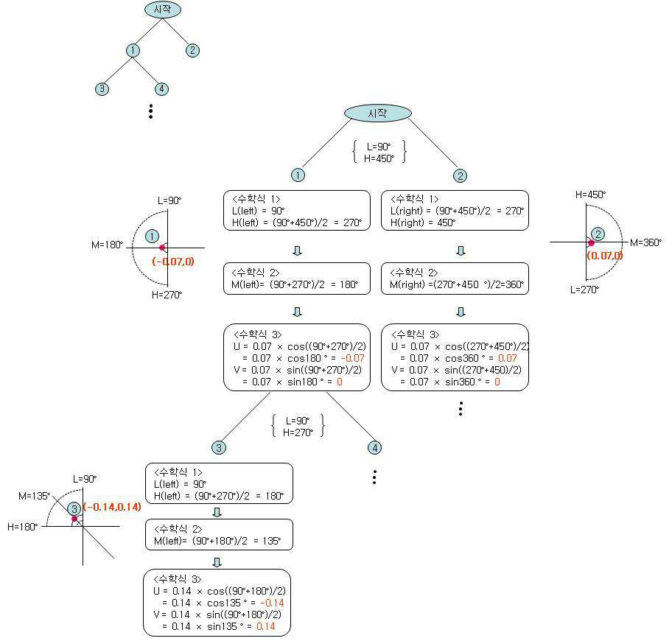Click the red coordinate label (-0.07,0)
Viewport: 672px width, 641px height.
pyautogui.click(x=173, y=262)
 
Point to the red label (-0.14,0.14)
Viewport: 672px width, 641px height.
pyautogui.click(x=112, y=507)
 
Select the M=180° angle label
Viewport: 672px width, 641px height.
pyautogui.click(x=107, y=245)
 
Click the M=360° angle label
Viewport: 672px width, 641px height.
pyautogui.click(x=645, y=242)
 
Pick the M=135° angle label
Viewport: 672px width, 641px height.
pyautogui.click(x=35, y=496)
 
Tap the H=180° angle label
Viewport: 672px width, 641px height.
pyautogui.click(x=22, y=527)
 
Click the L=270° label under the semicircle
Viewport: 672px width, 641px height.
pyautogui.click(x=584, y=290)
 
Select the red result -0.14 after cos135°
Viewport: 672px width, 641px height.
pyautogui.click(x=272, y=603)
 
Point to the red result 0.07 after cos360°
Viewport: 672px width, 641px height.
pyautogui.click(x=508, y=358)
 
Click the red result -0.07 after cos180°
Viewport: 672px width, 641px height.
pyautogui.click(x=353, y=358)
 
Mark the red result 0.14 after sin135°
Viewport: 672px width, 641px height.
pyautogui.click(x=266, y=626)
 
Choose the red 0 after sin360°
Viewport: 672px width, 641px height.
pyautogui.click(x=497, y=382)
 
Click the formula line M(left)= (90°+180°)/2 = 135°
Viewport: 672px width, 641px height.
pyautogui.click(x=217, y=541)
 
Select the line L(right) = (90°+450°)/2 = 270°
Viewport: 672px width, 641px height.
pyautogui.click(x=457, y=211)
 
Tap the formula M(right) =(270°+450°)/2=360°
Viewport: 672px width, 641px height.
pyautogui.click(x=457, y=284)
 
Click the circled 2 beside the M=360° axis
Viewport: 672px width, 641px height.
pyautogui.click(x=598, y=234)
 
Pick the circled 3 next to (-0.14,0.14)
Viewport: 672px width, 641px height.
pyautogui.click(x=74, y=509)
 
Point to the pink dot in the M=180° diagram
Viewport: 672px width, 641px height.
pyautogui.click(x=162, y=248)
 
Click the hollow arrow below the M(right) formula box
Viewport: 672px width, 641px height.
pyautogui.click(x=461, y=312)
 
